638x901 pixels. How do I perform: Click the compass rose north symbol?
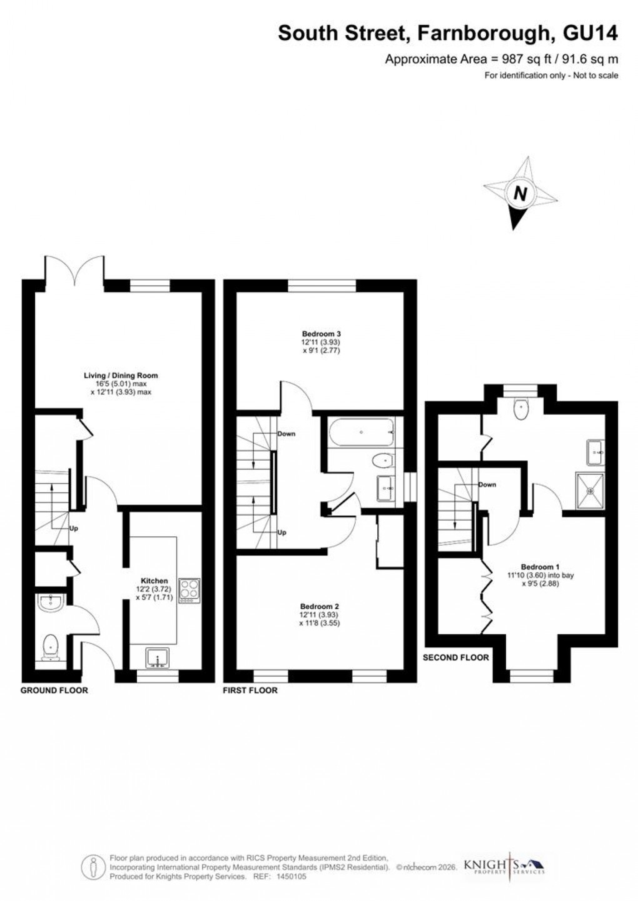tap(520, 194)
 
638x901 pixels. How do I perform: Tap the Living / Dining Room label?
tap(121, 376)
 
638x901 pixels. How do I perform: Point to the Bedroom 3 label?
tap(321, 334)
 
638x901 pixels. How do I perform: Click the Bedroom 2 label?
tap(320, 607)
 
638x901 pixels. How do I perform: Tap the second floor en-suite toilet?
tap(520, 409)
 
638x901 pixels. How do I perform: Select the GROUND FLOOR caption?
tap(54, 690)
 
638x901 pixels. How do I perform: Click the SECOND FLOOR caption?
tap(456, 657)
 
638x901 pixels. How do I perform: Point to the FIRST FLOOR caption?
tap(250, 690)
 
